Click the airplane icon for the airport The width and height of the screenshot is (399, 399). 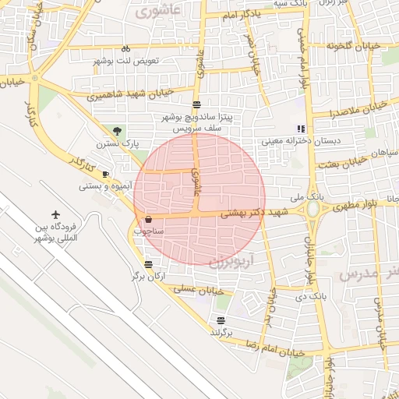[x=56, y=214]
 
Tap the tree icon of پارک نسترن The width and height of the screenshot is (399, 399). [x=117, y=131]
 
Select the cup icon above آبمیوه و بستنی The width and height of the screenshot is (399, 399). [x=106, y=175]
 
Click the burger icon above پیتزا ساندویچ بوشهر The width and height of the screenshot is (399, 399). [x=196, y=104]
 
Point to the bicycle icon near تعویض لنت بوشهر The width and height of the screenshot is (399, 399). [x=126, y=48]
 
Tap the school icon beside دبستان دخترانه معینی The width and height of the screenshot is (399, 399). [x=300, y=129]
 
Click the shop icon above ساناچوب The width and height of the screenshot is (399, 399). [x=148, y=220]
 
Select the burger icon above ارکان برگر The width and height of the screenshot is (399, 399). [x=148, y=264]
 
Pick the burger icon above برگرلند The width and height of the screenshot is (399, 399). [x=221, y=320]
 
